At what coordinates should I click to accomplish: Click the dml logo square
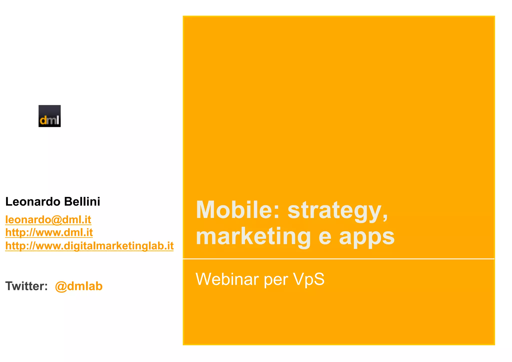49,116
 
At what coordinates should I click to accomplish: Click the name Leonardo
33,202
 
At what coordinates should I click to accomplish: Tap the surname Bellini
82,202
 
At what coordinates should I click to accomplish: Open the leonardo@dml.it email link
48,220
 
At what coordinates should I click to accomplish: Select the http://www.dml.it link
49,233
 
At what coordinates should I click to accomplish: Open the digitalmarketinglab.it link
89,246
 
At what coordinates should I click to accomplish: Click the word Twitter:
26,286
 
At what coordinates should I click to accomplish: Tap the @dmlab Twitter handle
79,286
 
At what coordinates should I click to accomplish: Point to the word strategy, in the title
338,211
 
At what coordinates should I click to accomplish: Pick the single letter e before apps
325,237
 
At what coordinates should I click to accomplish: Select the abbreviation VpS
309,279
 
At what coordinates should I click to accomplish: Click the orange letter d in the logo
43,120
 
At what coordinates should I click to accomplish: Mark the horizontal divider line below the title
339,259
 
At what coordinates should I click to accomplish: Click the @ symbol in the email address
56,220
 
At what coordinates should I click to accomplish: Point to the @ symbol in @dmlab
60,287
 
